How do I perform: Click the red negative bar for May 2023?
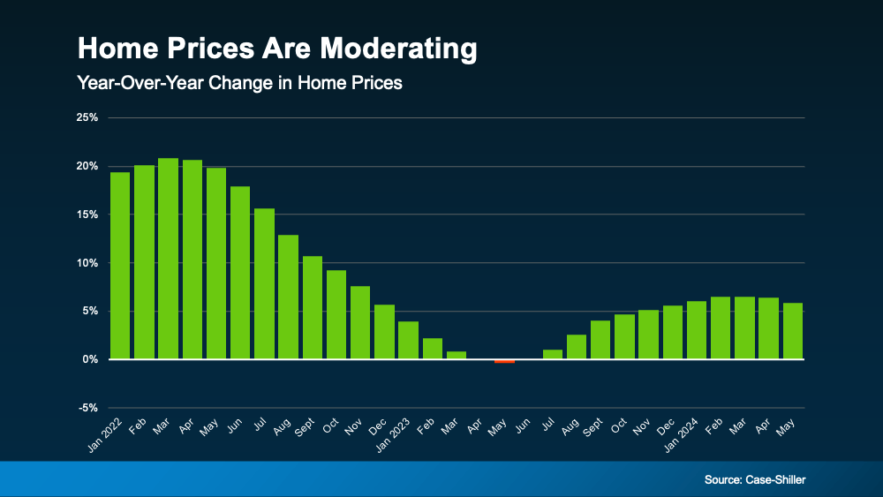coord(504,361)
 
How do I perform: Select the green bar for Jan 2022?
coord(120,266)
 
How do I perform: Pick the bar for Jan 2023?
coord(408,341)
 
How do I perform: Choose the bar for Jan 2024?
coord(697,330)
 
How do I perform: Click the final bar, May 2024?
coord(793,331)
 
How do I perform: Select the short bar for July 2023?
coord(553,355)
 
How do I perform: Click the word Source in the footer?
coord(723,479)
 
